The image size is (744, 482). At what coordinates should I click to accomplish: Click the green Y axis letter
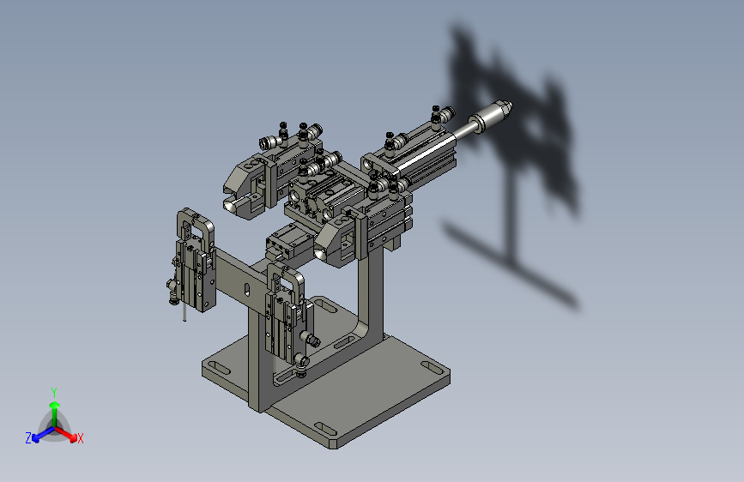(53, 391)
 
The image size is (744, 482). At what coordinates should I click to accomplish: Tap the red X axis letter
(81, 438)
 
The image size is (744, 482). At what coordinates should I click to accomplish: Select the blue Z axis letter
(28, 438)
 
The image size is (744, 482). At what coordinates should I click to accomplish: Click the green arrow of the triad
(54, 407)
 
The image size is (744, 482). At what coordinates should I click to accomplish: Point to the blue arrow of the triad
(39, 434)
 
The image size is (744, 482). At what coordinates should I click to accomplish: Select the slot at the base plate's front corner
(325, 428)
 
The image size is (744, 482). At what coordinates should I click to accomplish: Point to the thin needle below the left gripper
(184, 312)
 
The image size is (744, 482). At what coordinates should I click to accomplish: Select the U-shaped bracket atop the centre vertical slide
(286, 279)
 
